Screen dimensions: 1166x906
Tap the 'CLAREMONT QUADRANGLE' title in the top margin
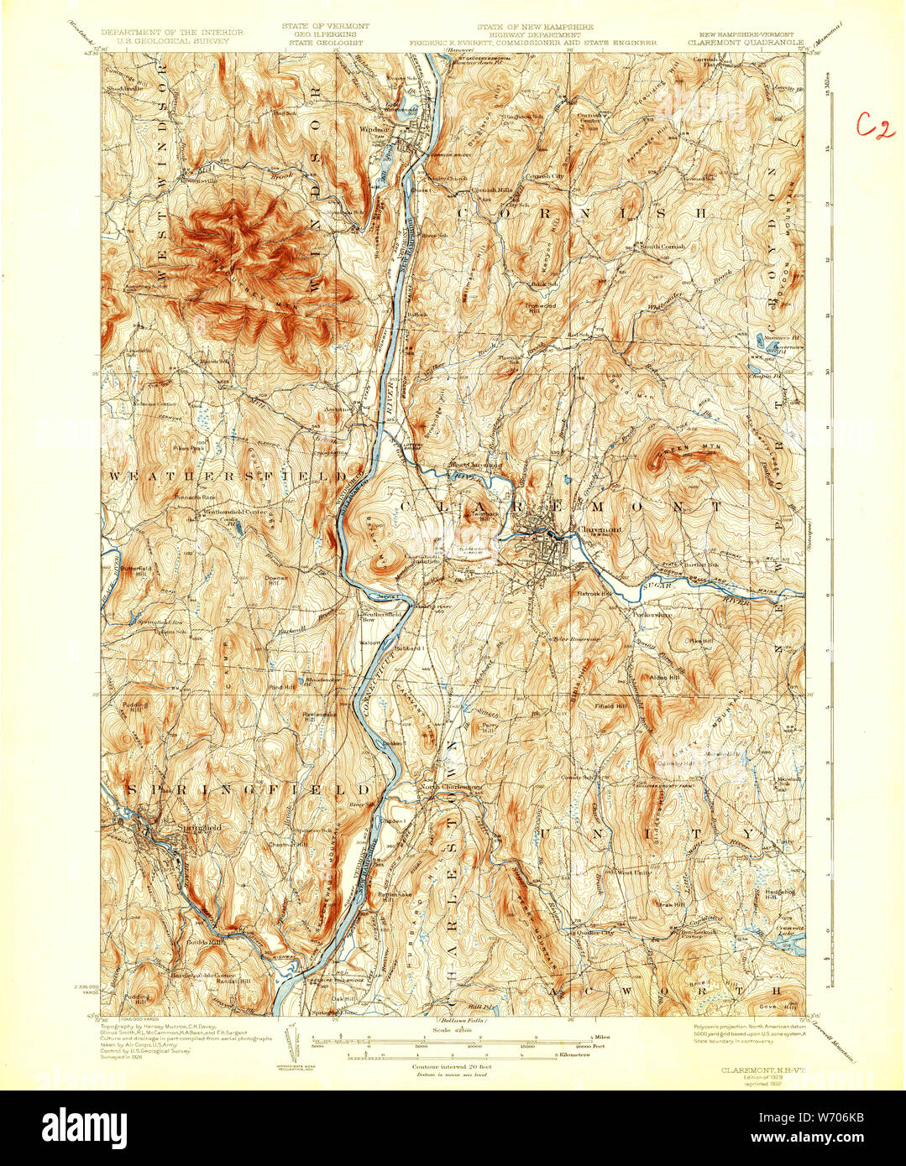pos(746,39)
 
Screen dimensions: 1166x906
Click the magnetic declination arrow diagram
pos(293,1041)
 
